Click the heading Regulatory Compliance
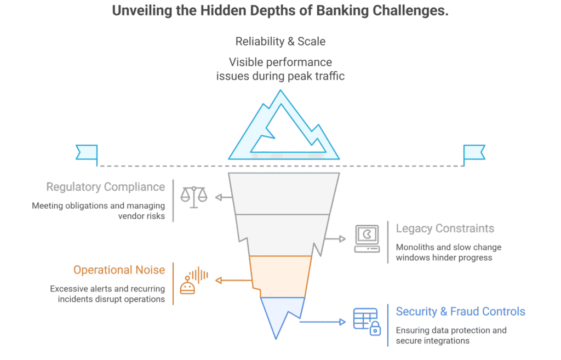point(106,187)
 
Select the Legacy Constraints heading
point(445,228)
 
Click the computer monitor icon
point(367,238)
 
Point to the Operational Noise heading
point(119,270)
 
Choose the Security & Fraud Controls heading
point(460,312)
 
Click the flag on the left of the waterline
point(87,153)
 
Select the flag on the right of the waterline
point(474,153)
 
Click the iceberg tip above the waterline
point(283,129)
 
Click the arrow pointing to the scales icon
point(222,197)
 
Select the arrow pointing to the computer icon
point(335,239)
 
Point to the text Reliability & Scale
point(280,42)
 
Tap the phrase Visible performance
point(280,62)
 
